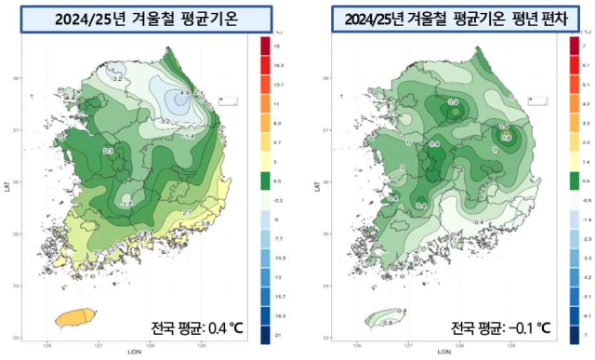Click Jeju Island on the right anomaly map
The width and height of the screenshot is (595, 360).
382,318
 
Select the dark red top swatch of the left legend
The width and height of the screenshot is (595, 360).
264,44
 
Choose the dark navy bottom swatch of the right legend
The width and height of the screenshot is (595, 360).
574,332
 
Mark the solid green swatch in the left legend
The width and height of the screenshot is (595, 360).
264,179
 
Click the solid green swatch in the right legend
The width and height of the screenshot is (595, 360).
574,179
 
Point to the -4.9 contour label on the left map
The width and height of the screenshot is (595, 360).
183,93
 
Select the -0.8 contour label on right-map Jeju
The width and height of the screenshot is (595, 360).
388,322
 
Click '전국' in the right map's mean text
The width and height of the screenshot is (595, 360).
463,327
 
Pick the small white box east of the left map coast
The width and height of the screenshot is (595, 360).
228,98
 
